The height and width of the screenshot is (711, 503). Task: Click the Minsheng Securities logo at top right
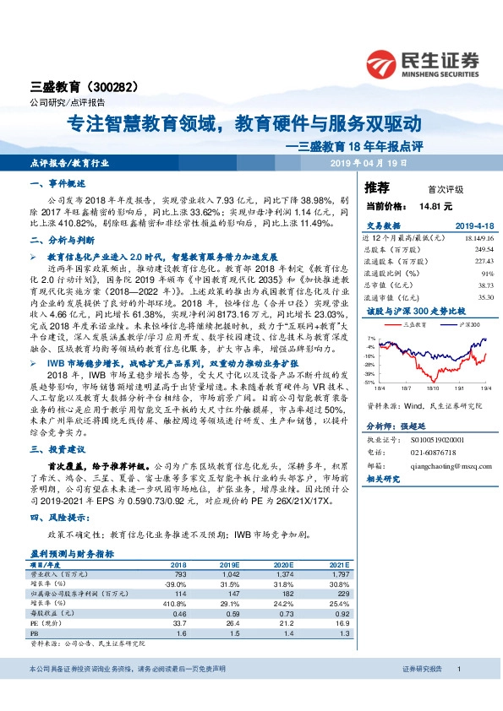[423, 63]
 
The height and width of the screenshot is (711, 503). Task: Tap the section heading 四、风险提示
[57, 518]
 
